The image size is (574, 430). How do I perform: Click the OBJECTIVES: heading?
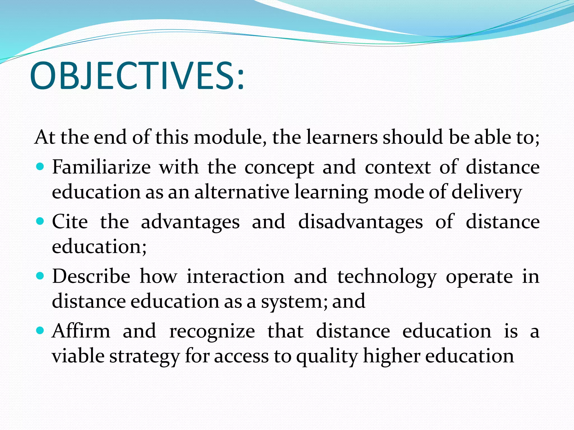pyautogui.click(x=137, y=76)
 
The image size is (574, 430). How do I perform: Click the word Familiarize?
pyautogui.click(x=101, y=167)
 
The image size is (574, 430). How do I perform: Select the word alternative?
pyautogui.click(x=242, y=192)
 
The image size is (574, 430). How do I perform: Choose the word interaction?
pyautogui.click(x=236, y=277)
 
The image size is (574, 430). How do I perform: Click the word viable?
pyautogui.click(x=78, y=356)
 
